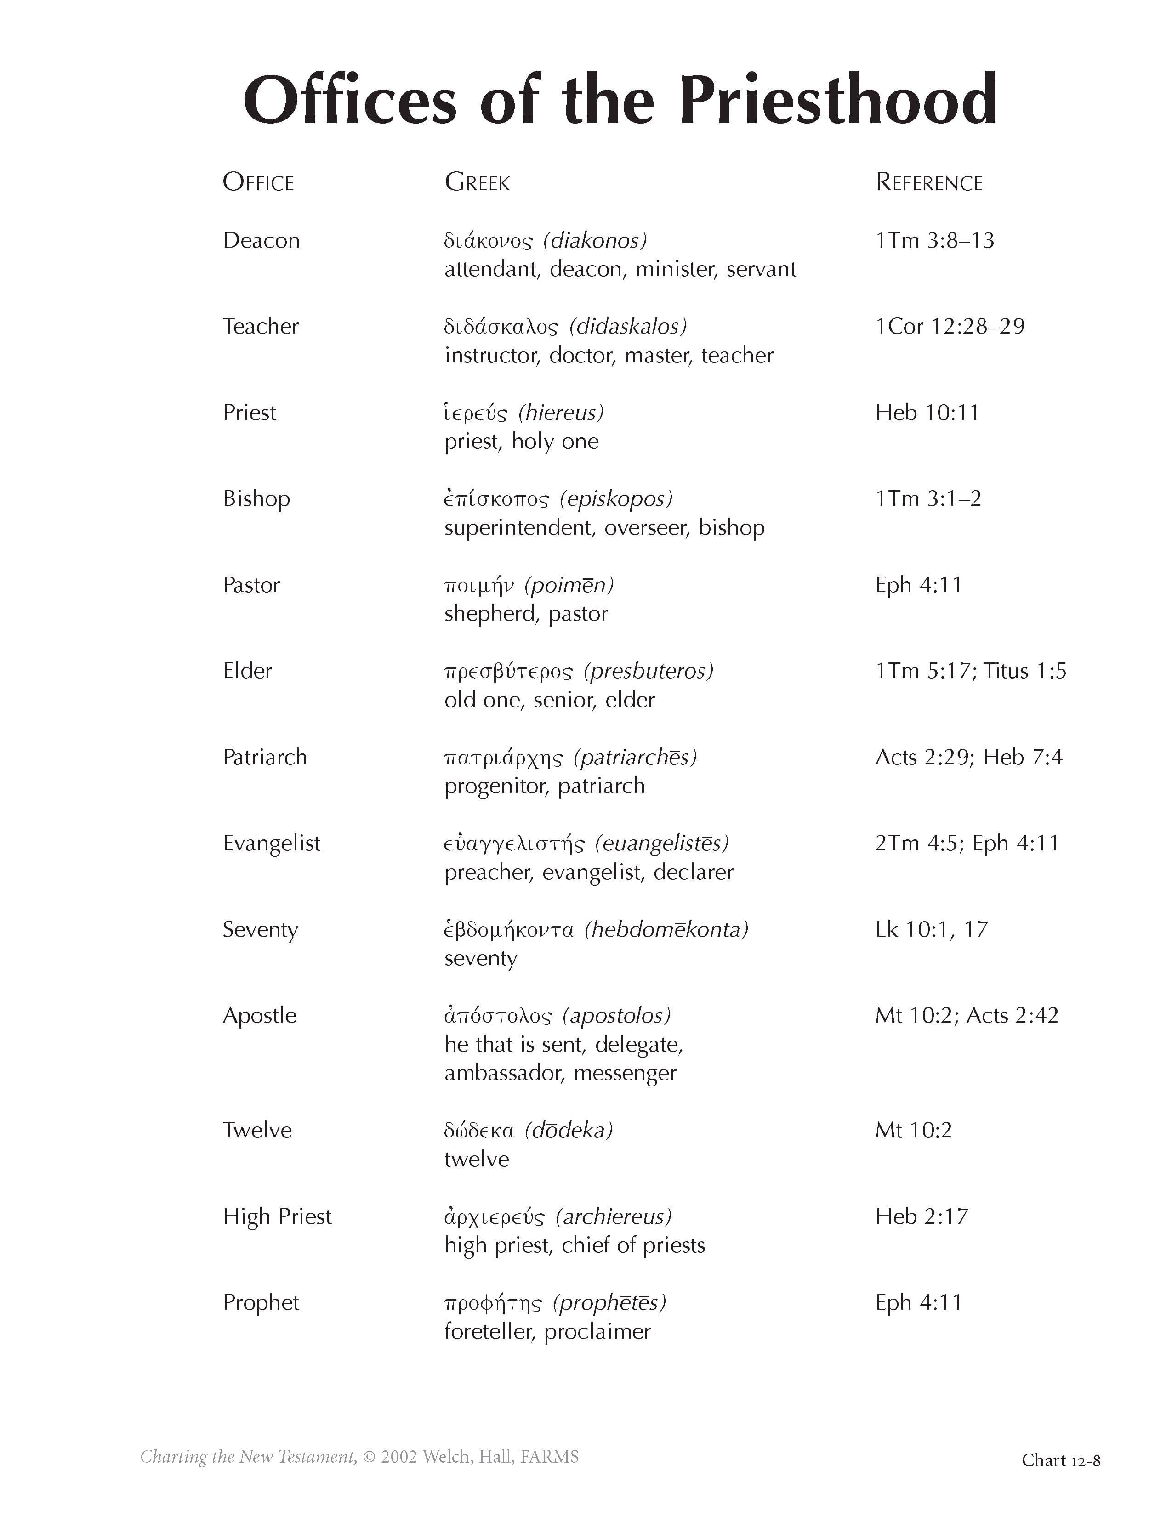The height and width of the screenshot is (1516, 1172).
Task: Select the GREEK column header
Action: pyautogui.click(x=477, y=182)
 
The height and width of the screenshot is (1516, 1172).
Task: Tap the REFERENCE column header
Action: pyautogui.click(x=929, y=182)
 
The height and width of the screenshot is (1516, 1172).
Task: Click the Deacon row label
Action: pyautogui.click(x=261, y=240)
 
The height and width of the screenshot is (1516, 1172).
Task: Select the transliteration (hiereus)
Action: pyautogui.click(x=561, y=413)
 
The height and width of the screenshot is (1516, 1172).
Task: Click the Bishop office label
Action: pyautogui.click(x=256, y=498)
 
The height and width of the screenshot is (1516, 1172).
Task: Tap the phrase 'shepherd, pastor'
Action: pyautogui.click(x=526, y=614)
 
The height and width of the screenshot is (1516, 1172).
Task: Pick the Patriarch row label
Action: pyautogui.click(x=265, y=757)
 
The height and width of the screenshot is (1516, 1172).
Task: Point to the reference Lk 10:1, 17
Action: pyautogui.click(x=932, y=929)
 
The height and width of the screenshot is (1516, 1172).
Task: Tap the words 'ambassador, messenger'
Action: pyautogui.click(x=560, y=1073)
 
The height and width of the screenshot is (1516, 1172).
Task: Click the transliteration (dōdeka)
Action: pyautogui.click(x=569, y=1130)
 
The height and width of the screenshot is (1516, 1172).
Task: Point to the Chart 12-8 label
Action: pyautogui.click(x=1061, y=1460)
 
